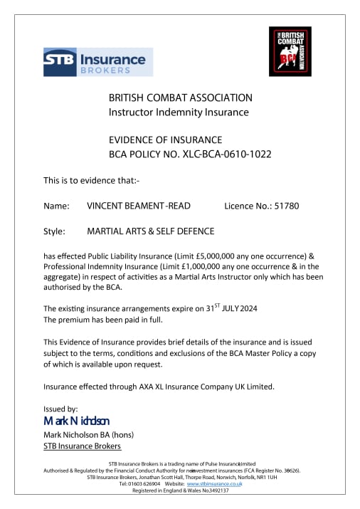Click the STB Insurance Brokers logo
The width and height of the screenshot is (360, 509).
(x=94, y=61)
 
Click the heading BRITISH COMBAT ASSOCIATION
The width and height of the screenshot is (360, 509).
(x=180, y=97)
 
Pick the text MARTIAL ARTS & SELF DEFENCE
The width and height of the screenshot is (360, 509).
(x=150, y=231)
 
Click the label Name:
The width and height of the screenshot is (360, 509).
(x=56, y=206)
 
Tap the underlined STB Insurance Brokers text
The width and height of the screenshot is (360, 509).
(x=82, y=446)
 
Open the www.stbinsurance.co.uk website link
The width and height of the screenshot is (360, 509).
(x=214, y=484)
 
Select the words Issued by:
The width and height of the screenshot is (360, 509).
(x=60, y=409)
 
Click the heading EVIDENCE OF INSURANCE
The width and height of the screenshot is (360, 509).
(x=165, y=139)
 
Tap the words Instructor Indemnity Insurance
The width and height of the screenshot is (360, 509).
(x=179, y=112)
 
